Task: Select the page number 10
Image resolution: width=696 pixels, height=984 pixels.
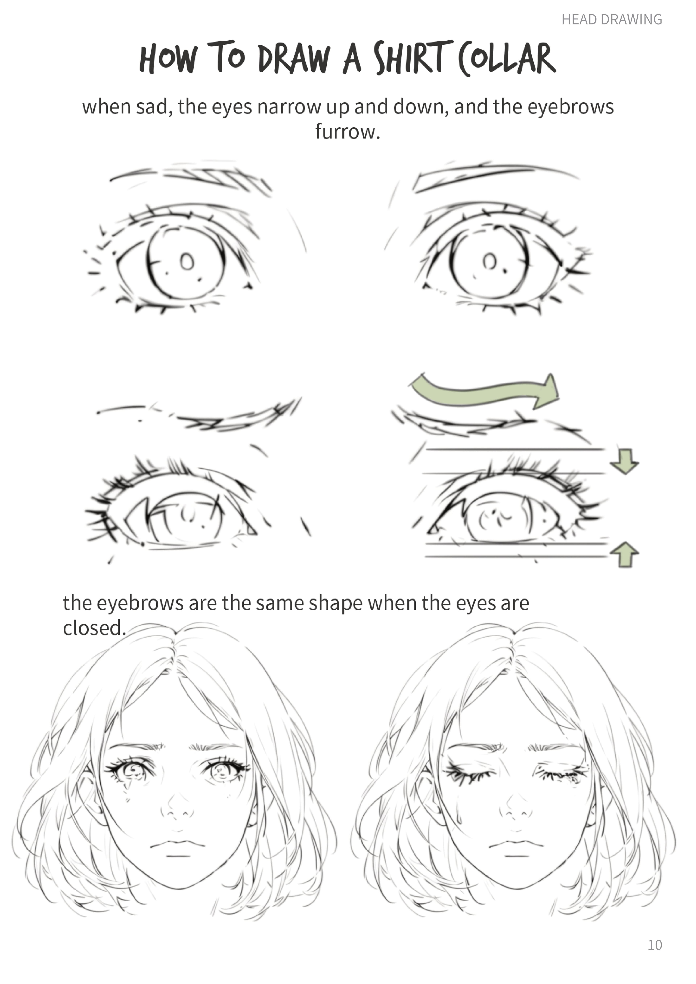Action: coord(654,945)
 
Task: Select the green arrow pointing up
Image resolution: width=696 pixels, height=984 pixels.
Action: coord(624,554)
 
